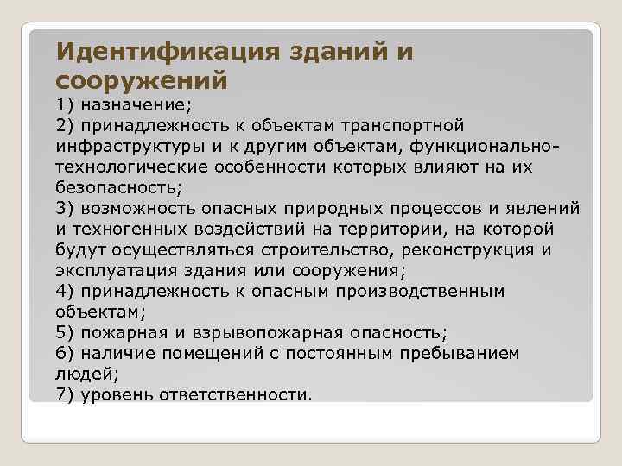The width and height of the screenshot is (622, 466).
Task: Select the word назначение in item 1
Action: coord(136,105)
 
